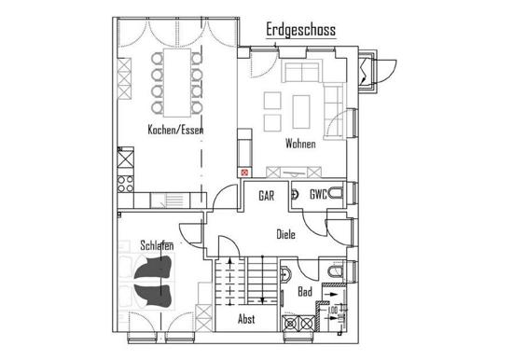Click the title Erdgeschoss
pos(300,30)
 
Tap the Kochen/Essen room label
pos(175,130)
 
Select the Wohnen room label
pos(300,144)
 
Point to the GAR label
pos(267,196)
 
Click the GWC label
pos(318,194)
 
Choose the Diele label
pos(286,234)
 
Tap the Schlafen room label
pos(157,245)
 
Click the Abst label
pos(246,319)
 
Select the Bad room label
pos(305,292)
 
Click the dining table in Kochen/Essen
pos(177,82)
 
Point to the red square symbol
pos(244,173)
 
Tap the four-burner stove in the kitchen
pos(126,184)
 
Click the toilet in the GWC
pos(336,193)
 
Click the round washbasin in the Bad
pos(285,274)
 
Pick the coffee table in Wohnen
pos(301,112)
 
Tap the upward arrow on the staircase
pos(230,282)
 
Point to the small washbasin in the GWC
pos(295,194)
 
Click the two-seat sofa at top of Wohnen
pos(301,73)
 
